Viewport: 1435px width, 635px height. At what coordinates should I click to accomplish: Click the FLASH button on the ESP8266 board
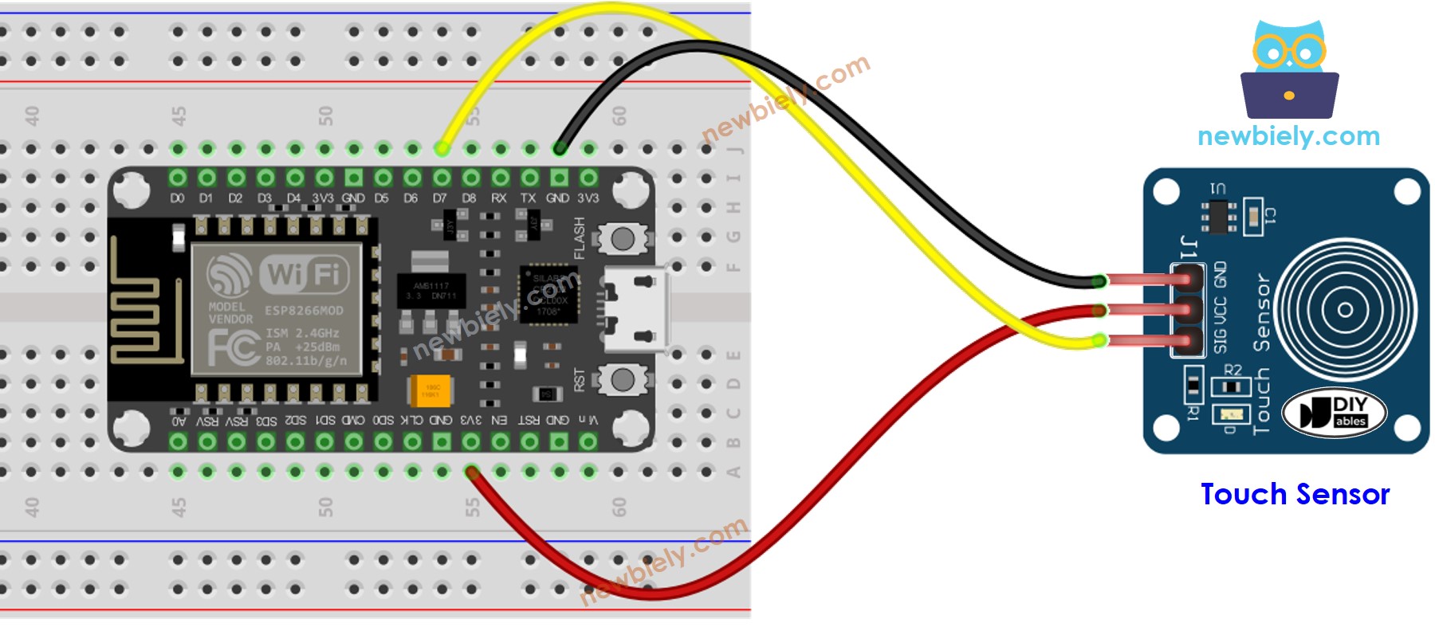click(622, 237)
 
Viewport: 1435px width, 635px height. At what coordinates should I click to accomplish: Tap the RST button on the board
click(622, 379)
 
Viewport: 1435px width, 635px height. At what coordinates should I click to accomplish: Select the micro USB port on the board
click(635, 309)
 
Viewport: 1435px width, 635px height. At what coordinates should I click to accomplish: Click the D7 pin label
click(440, 198)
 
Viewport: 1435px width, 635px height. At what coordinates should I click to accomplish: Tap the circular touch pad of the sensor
click(1345, 310)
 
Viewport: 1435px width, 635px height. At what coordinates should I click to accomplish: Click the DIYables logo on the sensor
click(1335, 413)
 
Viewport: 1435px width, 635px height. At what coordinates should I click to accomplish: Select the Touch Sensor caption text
click(1295, 494)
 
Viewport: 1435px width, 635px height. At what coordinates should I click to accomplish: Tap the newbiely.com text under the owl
click(1288, 136)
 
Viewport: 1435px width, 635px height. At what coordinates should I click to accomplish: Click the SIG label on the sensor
click(1221, 340)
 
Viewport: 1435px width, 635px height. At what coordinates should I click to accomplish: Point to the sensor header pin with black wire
click(1188, 279)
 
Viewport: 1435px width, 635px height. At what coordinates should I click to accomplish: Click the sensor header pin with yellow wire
click(1188, 341)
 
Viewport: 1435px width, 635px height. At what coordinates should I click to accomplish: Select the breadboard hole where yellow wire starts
click(441, 148)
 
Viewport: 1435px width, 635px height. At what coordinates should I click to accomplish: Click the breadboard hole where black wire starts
click(560, 148)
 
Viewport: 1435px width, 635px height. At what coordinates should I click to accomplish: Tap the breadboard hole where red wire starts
click(471, 472)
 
